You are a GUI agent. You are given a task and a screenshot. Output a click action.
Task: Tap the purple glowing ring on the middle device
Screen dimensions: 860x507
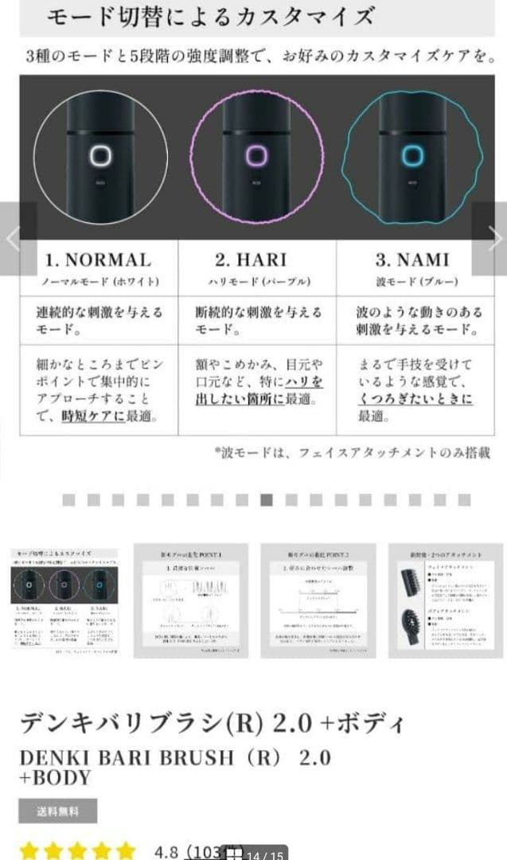[256, 155]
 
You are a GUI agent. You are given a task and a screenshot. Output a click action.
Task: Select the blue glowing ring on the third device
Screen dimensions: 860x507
[411, 154]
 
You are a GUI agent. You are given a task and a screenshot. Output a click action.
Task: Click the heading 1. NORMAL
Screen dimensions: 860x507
[98, 260]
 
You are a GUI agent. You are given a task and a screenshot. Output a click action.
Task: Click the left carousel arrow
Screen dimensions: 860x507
[14, 239]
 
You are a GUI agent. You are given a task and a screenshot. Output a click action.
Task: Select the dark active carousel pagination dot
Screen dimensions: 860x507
[267, 500]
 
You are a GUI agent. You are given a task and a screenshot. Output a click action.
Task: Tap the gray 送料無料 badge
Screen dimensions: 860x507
[57, 811]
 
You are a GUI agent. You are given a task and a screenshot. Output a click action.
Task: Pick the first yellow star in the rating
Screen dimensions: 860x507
[29, 850]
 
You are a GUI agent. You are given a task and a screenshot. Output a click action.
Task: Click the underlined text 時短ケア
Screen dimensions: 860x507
[93, 415]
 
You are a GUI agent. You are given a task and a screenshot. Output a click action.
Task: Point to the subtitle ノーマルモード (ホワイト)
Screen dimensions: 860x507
[100, 282]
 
